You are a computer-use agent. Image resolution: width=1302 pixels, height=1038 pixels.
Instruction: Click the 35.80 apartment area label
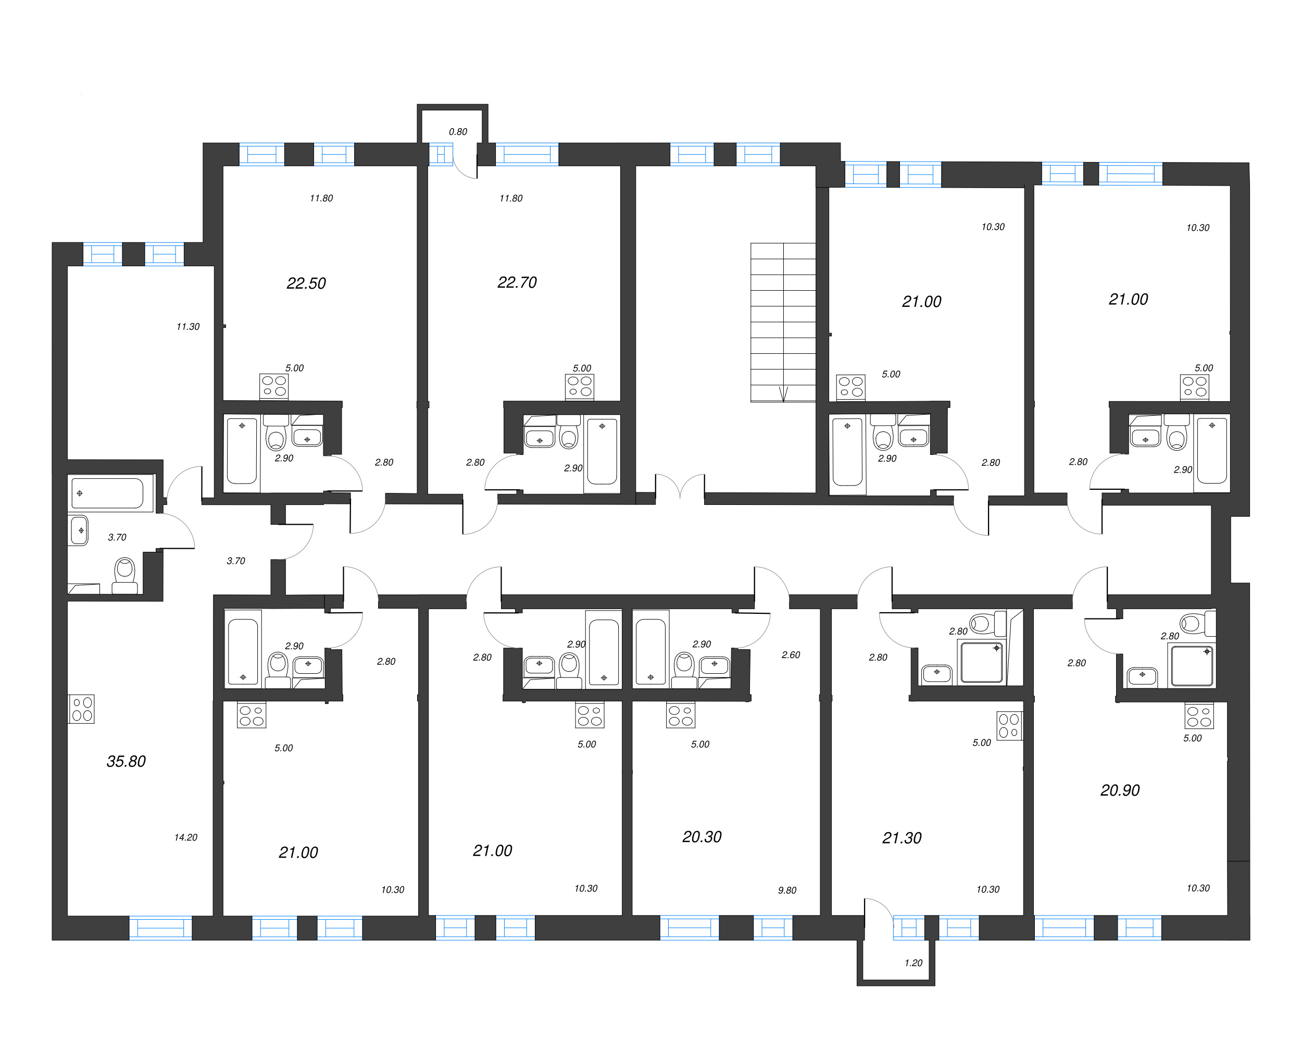(126, 761)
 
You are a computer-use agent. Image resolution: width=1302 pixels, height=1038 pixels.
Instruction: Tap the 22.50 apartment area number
(306, 283)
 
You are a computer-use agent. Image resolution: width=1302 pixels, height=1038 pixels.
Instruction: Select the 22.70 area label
(517, 282)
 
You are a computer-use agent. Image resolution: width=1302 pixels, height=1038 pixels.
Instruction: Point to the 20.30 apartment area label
(702, 837)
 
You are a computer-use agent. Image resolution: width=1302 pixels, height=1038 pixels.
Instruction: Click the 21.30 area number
(902, 838)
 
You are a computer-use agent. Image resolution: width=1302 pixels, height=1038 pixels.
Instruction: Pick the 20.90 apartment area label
(1120, 790)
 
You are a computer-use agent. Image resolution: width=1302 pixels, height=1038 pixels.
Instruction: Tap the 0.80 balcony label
(458, 132)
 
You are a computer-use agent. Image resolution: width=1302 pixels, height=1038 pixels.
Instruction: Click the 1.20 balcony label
(913, 963)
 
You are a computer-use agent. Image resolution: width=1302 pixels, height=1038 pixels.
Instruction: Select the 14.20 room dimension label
(185, 837)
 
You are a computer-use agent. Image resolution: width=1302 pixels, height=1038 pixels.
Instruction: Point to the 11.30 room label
(188, 327)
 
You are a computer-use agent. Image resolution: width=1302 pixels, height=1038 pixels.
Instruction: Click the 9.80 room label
(787, 890)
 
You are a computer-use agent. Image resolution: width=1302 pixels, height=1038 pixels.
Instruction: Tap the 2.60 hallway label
(791, 655)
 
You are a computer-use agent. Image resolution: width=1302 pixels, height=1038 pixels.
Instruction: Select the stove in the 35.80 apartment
(82, 709)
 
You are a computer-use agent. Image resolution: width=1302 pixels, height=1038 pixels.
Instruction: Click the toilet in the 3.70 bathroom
(124, 574)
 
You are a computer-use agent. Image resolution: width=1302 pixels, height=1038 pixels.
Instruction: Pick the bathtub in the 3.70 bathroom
(107, 493)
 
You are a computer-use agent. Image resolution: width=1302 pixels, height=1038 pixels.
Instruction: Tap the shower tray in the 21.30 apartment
(981, 663)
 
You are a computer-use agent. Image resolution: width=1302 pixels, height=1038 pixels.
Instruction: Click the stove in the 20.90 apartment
(1199, 716)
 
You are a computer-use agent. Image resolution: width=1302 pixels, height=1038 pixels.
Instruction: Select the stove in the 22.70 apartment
(579, 387)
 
